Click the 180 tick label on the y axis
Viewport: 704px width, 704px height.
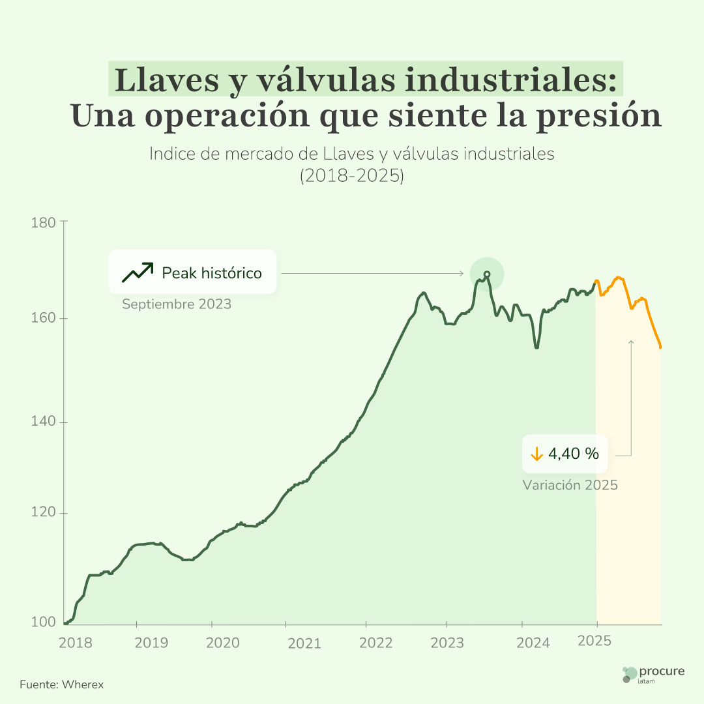44,222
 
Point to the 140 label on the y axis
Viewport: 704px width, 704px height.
44,422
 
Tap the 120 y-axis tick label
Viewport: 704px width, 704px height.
44,514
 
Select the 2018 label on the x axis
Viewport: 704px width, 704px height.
75,643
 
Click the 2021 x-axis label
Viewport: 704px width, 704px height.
304,643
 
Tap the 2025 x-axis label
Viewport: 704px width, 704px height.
594,641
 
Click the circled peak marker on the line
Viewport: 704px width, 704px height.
487,274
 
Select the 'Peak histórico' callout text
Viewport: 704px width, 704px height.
212,273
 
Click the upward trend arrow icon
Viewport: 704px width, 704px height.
137,272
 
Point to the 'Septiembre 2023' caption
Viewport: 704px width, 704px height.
177,304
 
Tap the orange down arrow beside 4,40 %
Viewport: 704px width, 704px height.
536,454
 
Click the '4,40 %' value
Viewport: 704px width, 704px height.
574,454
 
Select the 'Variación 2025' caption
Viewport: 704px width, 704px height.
570,486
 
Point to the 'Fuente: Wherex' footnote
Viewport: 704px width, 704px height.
61,684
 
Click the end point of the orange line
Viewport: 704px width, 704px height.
660,347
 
